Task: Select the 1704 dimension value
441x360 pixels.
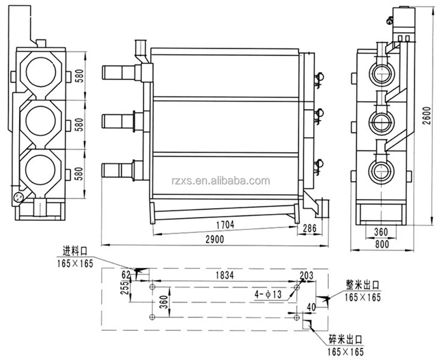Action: tap(225, 224)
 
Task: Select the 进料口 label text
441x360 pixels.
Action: tap(74, 252)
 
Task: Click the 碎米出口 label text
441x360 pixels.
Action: tap(346, 340)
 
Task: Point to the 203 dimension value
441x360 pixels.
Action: tap(306, 276)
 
